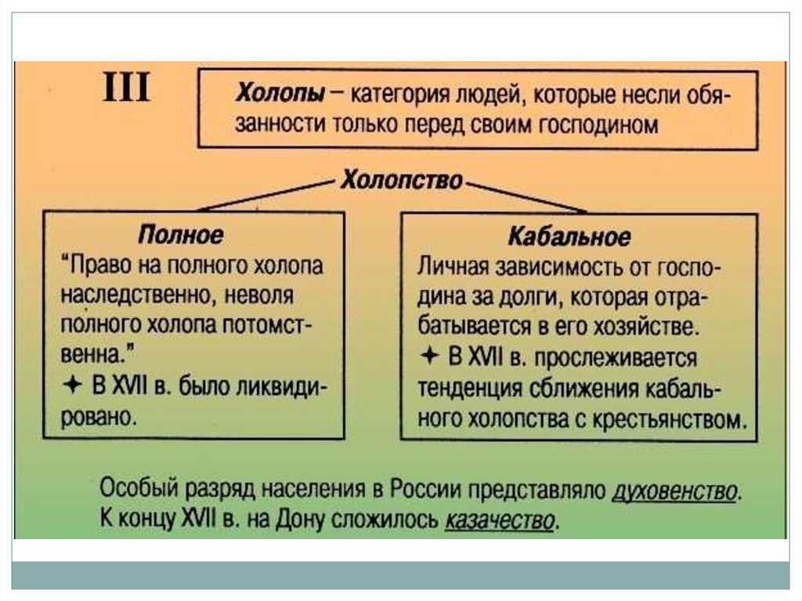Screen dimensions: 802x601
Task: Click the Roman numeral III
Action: (x=126, y=89)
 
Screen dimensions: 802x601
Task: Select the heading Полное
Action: (x=181, y=234)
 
